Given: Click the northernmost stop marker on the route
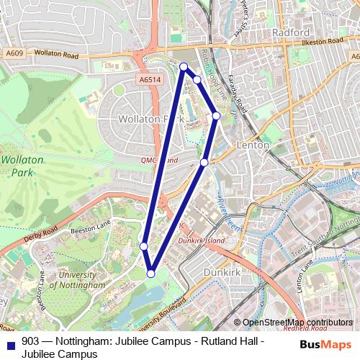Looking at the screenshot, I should coord(184,67).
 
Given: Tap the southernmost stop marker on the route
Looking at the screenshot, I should coord(151,273).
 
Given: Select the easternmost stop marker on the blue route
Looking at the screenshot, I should coord(215,115).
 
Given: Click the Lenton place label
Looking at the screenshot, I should coord(253,145).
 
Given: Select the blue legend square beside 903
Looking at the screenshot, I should coord(10,343).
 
